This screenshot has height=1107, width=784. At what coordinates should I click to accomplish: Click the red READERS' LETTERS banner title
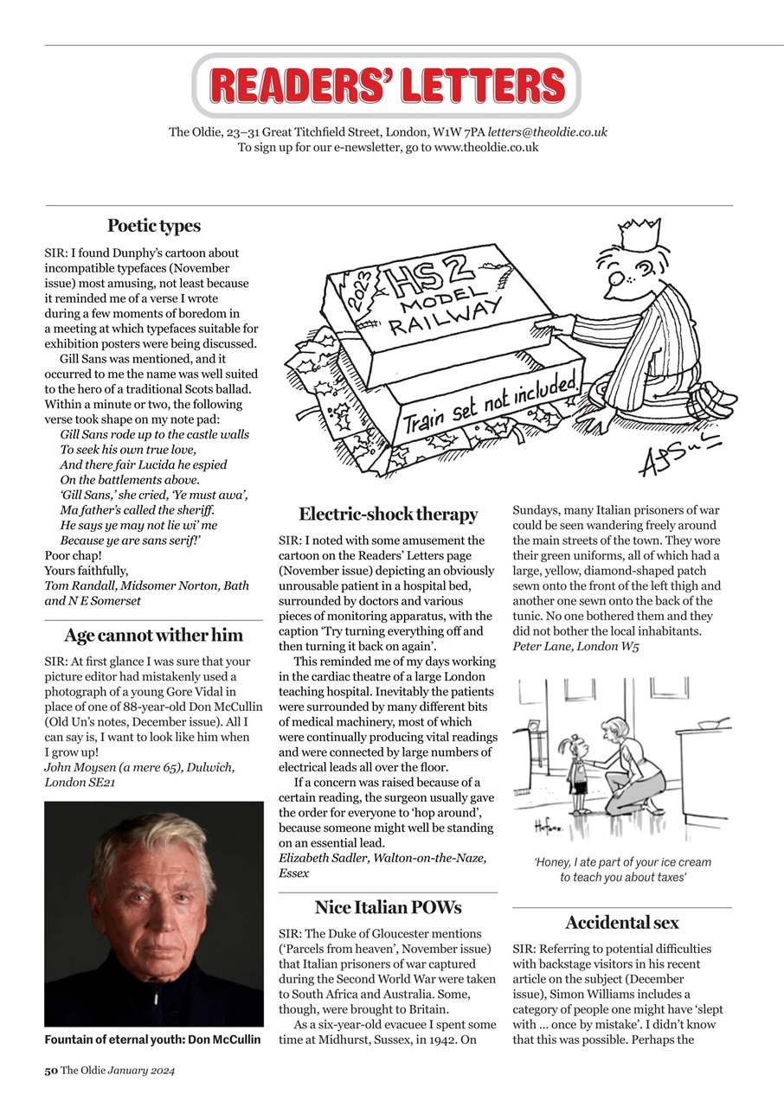click(387, 86)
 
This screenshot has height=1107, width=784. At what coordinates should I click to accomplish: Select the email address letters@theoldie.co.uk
click(547, 132)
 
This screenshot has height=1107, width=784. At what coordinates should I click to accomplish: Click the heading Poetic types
click(153, 226)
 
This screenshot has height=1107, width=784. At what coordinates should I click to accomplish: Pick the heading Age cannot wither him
click(153, 635)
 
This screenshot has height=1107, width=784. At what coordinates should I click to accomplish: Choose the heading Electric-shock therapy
click(388, 515)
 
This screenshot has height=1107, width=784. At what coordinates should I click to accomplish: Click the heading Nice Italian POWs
click(388, 907)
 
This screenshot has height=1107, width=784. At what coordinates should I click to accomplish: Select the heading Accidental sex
click(621, 922)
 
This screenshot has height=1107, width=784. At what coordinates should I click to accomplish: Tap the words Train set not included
click(489, 406)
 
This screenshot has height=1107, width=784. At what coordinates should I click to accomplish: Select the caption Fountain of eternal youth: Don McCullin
click(153, 1040)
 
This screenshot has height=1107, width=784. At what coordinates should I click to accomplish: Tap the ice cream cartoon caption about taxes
click(621, 869)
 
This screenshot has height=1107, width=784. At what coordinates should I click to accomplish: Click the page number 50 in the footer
click(51, 1071)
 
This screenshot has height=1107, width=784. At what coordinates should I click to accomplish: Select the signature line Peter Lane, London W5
click(575, 646)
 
